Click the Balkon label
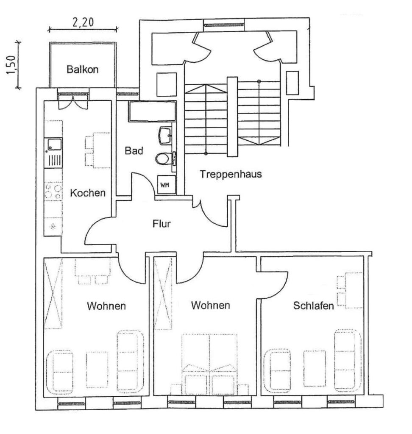[83, 69]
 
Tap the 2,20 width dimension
[83, 22]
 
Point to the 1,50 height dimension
[11, 65]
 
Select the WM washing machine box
[167, 184]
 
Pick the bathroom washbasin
[166, 136]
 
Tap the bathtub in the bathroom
[152, 111]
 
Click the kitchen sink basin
[54, 145]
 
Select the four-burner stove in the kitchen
[53, 192]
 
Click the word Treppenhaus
[231, 174]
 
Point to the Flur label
[161, 224]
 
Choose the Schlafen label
[313, 306]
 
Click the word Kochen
[88, 193]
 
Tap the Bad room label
[134, 151]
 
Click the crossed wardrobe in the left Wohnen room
[53, 294]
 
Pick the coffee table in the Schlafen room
[314, 368]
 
